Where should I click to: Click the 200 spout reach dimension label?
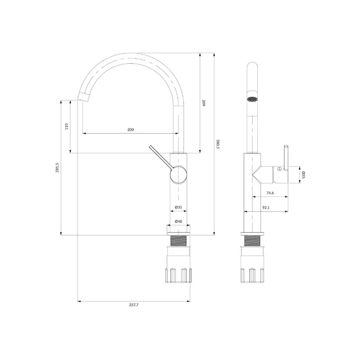click(130, 130)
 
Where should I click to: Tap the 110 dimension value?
click(67, 127)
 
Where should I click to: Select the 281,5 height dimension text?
click(57, 168)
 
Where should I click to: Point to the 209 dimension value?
click(204, 103)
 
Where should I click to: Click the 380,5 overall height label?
click(218, 144)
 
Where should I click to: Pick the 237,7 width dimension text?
click(134, 305)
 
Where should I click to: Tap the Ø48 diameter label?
click(179, 221)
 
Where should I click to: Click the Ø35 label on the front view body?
click(179, 207)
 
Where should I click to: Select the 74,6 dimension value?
click(270, 193)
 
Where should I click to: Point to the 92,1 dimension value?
click(266, 208)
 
